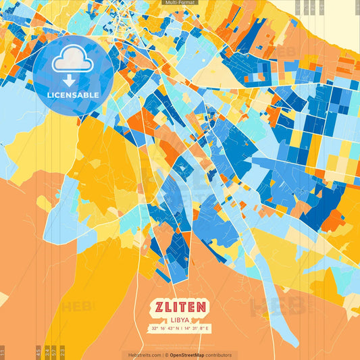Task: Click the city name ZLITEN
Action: click(x=180, y=307)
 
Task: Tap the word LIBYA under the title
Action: click(x=180, y=319)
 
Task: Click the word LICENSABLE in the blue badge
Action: click(x=73, y=95)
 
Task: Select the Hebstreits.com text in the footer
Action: click(x=143, y=355)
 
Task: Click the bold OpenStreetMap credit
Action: click(x=186, y=355)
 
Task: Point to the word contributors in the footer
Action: click(x=218, y=355)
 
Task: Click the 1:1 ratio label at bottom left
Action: click(x=3, y=353)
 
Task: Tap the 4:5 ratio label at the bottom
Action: click(x=38, y=353)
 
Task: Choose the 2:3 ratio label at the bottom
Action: click(x=62, y=353)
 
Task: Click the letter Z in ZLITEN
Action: click(x=157, y=307)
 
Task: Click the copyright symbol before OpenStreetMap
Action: click(x=165, y=355)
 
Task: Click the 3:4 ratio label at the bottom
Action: click(x=46, y=353)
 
